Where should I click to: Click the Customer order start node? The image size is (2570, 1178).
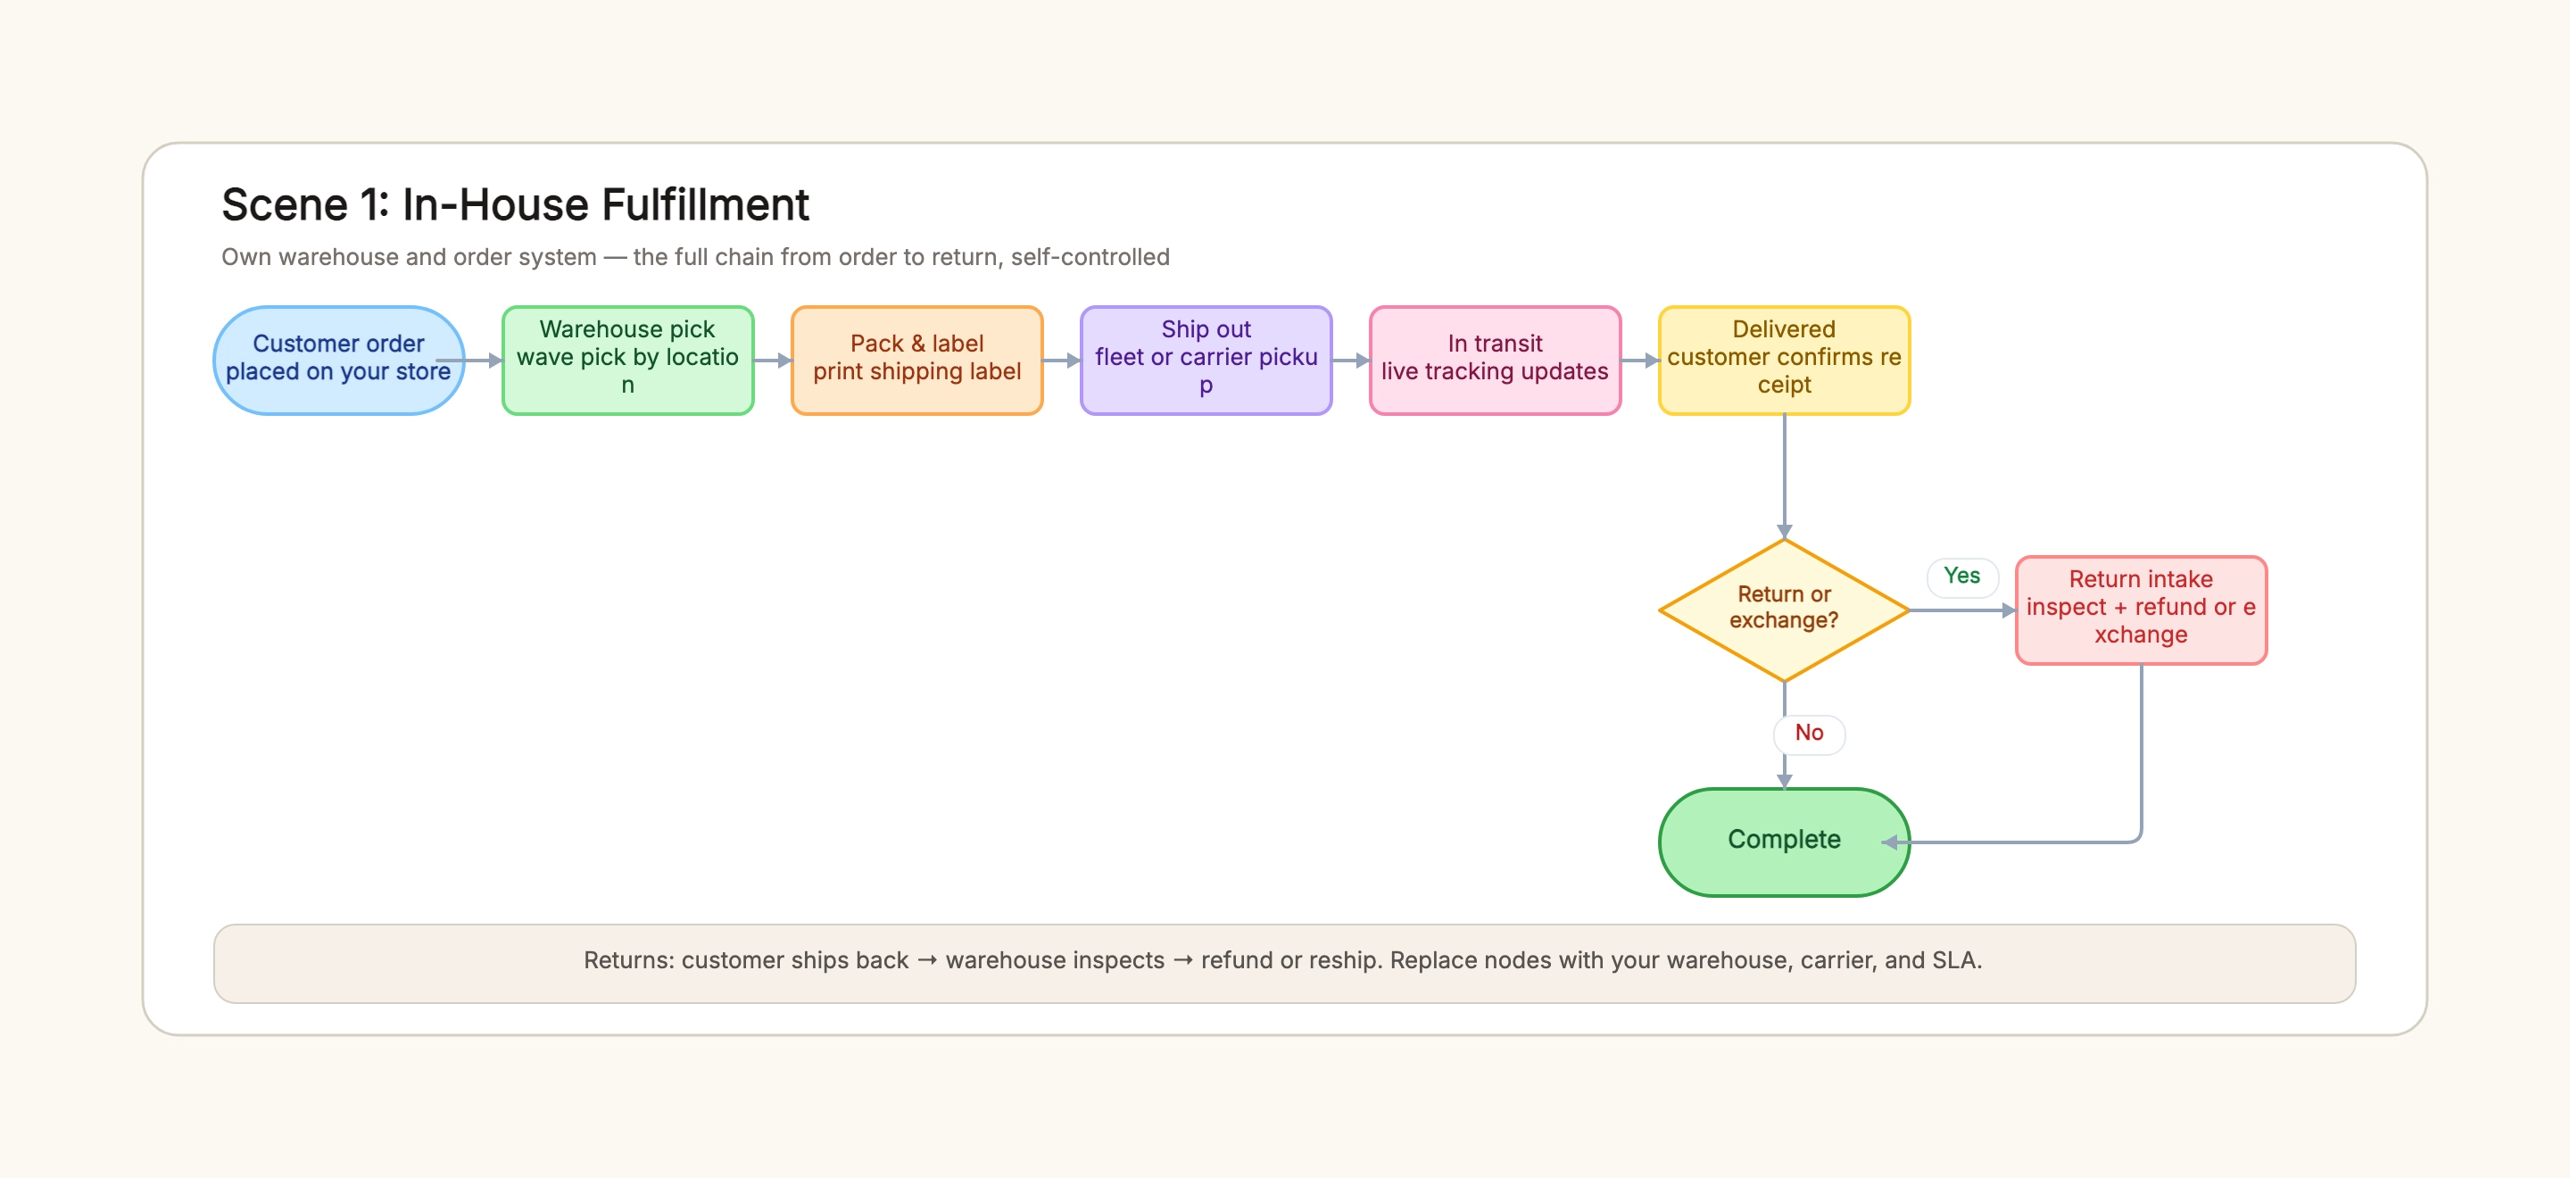(x=338, y=360)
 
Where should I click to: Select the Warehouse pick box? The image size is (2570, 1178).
(x=627, y=360)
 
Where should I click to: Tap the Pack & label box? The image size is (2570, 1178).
(x=916, y=360)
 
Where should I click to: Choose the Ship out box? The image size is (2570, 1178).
(x=1206, y=360)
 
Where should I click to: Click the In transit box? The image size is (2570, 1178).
(x=1496, y=360)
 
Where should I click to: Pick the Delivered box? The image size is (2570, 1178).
(x=1784, y=360)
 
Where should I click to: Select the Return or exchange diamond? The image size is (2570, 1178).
(x=1784, y=610)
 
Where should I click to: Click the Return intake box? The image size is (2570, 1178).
(x=2141, y=610)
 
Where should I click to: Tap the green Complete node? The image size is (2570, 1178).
(x=1784, y=841)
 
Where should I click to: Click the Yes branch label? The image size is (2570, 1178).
(x=1961, y=576)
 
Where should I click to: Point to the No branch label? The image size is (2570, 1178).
(x=1809, y=734)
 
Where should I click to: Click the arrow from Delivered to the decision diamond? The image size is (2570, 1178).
(x=1784, y=477)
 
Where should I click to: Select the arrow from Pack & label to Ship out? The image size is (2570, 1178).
(x=1062, y=360)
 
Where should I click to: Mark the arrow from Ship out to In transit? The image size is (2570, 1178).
(x=1351, y=360)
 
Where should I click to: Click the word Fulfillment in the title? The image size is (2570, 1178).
(x=704, y=204)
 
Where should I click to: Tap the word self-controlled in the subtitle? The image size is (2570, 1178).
(x=1090, y=257)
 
